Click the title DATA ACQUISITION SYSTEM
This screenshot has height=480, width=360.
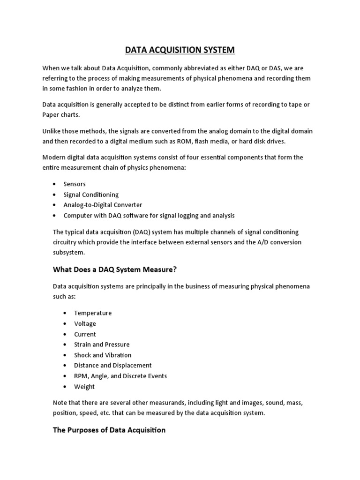[x=180, y=50]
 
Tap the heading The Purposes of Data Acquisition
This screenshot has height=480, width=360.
[x=109, y=430]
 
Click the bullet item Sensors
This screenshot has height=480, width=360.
[x=75, y=184]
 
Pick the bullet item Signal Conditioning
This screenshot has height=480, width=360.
[x=91, y=195]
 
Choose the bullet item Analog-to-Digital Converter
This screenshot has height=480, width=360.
[x=103, y=205]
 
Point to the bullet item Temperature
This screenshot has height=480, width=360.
[x=93, y=313]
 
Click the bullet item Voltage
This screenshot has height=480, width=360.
[x=85, y=323]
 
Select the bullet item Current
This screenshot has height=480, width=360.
[x=85, y=334]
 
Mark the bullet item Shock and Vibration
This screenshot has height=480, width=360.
[x=103, y=355]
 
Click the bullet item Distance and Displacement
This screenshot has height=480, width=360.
[x=113, y=365]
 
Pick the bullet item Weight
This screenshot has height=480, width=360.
[x=84, y=387]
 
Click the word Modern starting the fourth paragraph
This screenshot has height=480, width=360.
[x=53, y=157]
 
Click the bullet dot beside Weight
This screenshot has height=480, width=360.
[x=64, y=387]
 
